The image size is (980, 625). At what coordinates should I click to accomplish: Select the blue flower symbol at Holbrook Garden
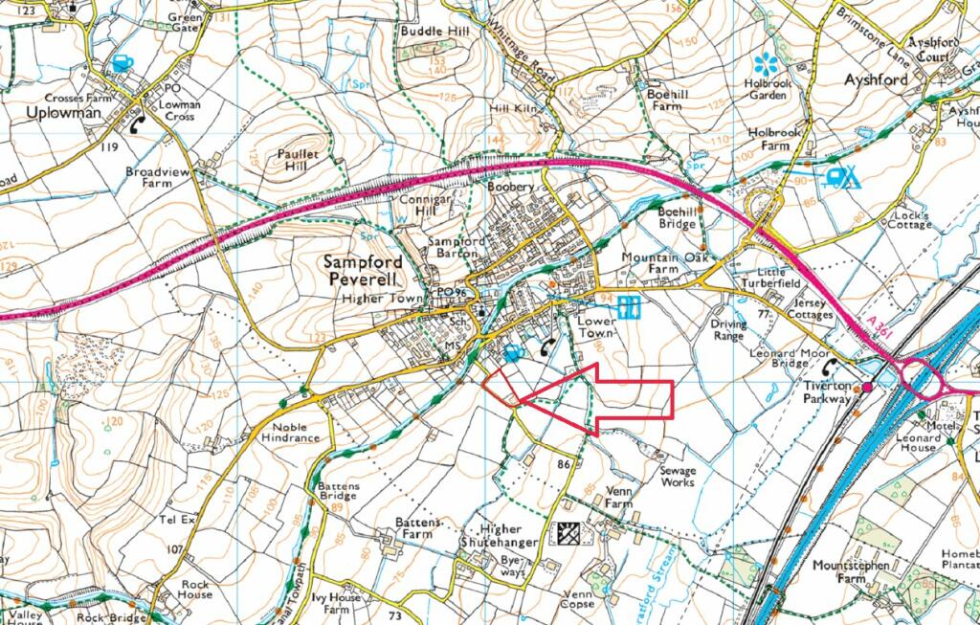(765, 63)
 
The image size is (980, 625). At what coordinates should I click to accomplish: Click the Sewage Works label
(678, 476)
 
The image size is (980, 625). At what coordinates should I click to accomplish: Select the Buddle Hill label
(434, 32)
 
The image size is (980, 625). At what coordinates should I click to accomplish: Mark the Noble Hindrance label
(297, 432)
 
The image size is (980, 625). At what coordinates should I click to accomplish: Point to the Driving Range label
(728, 330)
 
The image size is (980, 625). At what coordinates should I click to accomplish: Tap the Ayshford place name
(875, 79)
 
